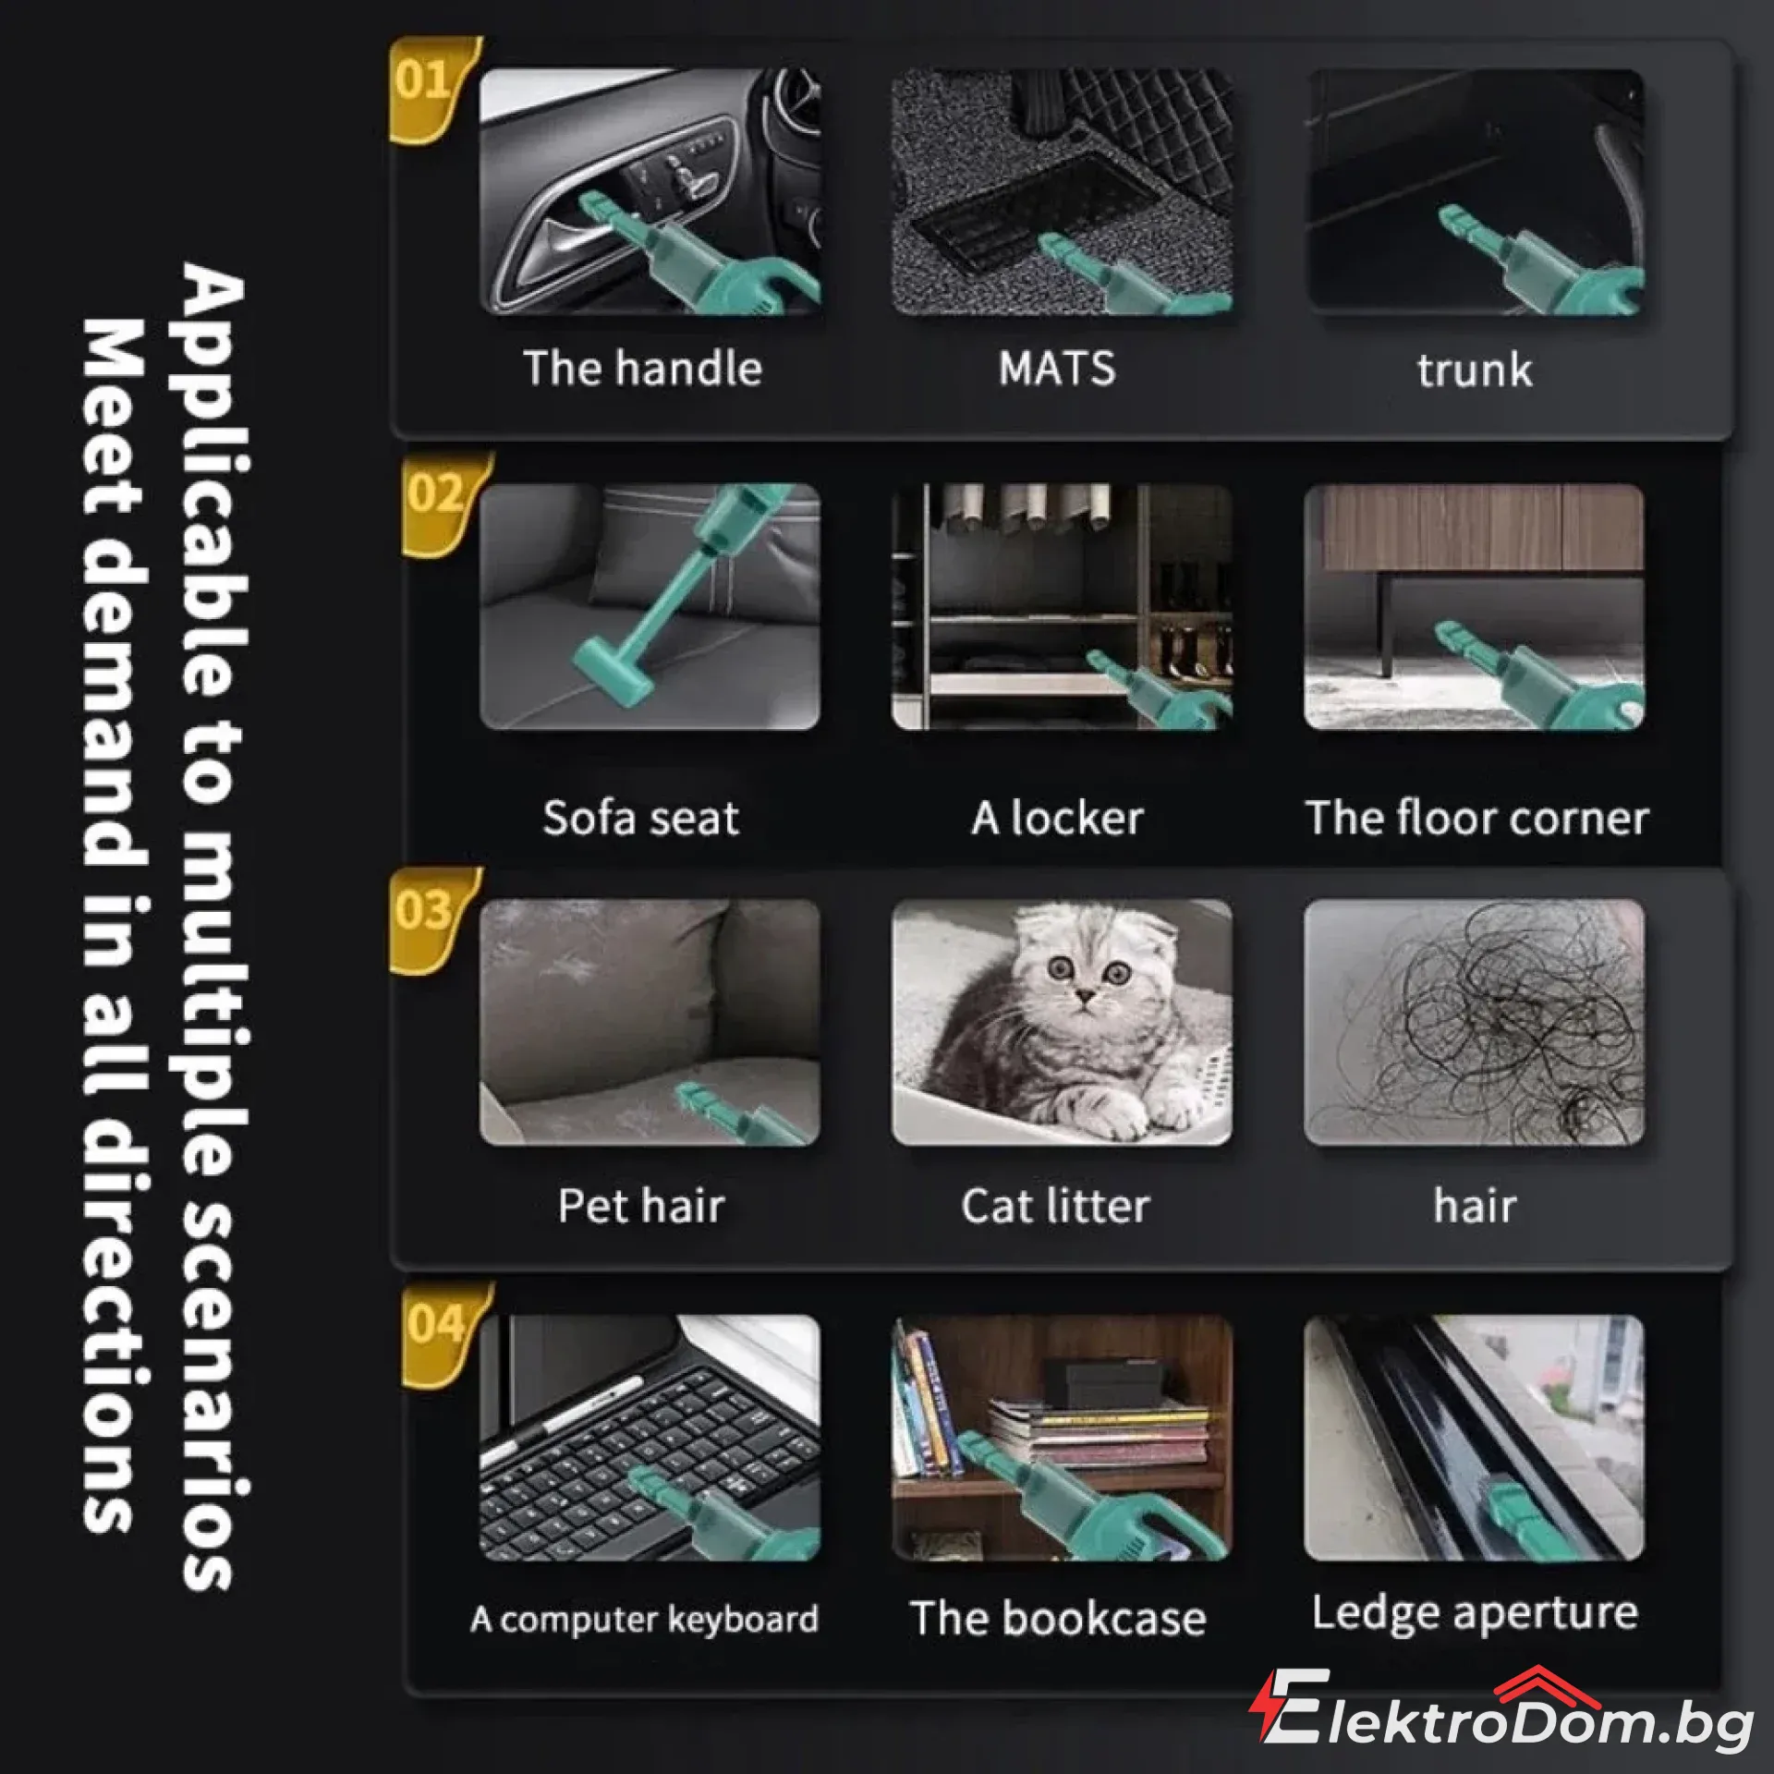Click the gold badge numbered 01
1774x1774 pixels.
430,88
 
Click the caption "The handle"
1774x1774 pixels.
643,368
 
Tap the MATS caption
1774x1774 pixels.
1057,368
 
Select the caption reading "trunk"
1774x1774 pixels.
1475,371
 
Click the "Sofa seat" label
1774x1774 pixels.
641,818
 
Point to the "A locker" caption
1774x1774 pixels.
1057,818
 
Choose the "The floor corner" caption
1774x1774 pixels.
1476,818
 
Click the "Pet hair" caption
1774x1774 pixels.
641,1206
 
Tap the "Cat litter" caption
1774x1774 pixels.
1056,1206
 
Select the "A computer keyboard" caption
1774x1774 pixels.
644,1620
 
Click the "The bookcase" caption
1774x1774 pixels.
1058,1619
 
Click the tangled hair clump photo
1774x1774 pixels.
1475,1022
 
